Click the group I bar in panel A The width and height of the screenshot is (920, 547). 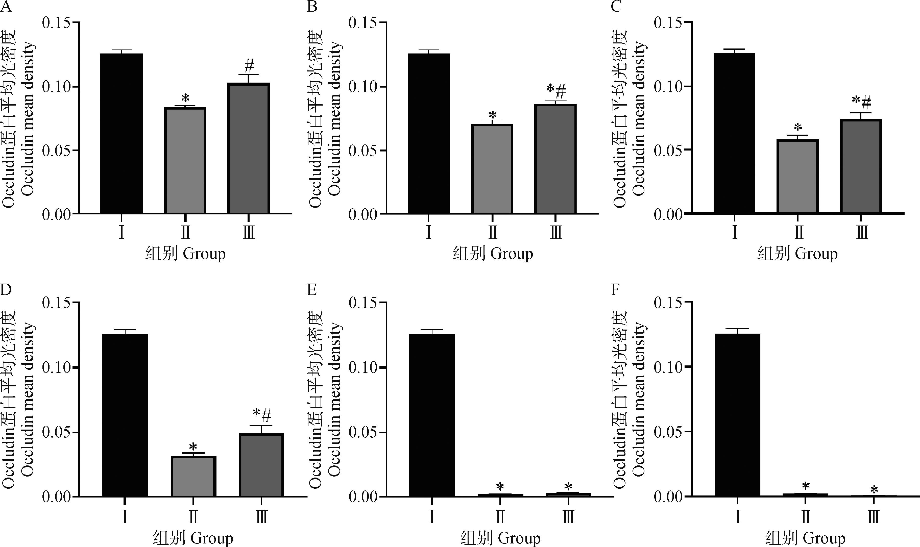click(x=121, y=133)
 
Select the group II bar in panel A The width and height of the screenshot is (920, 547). click(x=185, y=161)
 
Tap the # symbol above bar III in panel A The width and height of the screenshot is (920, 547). click(x=249, y=67)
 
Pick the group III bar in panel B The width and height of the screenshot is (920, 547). click(x=555, y=159)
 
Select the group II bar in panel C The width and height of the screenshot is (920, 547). click(x=798, y=176)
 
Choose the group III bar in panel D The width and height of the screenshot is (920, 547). click(x=261, y=465)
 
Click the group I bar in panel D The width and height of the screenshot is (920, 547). click(x=125, y=415)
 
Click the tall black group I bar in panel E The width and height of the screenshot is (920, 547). click(x=432, y=415)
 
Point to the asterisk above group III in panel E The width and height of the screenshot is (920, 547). click(x=568, y=487)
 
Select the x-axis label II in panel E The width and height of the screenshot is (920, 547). click(x=500, y=517)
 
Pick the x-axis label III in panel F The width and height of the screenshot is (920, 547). click(x=874, y=517)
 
